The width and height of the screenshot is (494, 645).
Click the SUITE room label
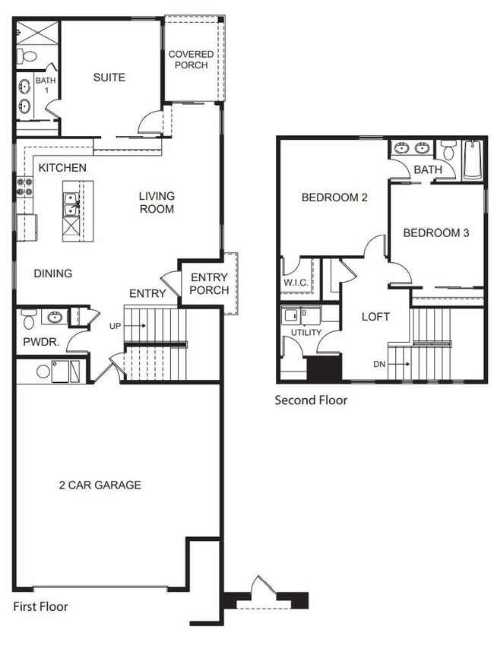pos(109,77)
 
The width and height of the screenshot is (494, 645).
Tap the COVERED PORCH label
pos(191,60)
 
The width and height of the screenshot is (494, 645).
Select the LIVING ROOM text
pos(157,202)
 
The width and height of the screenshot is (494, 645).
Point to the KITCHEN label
pos(62,167)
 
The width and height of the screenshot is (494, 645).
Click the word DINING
pos(52,273)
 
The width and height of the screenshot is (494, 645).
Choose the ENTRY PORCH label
pos(209,284)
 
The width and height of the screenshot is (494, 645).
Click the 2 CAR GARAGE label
pos(100,485)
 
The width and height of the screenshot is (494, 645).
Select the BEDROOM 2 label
pos(334,198)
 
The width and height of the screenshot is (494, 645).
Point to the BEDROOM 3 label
pos(436,232)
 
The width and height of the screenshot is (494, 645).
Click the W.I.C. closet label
pos(296,284)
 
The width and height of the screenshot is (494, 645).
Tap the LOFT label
pos(375,317)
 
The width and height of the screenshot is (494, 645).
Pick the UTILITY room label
pos(302,333)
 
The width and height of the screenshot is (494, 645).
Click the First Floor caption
pos(41,606)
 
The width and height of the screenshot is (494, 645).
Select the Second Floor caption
pos(311,400)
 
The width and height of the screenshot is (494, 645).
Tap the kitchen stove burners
pos(24,187)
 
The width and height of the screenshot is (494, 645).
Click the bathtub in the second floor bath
pos(473,160)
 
